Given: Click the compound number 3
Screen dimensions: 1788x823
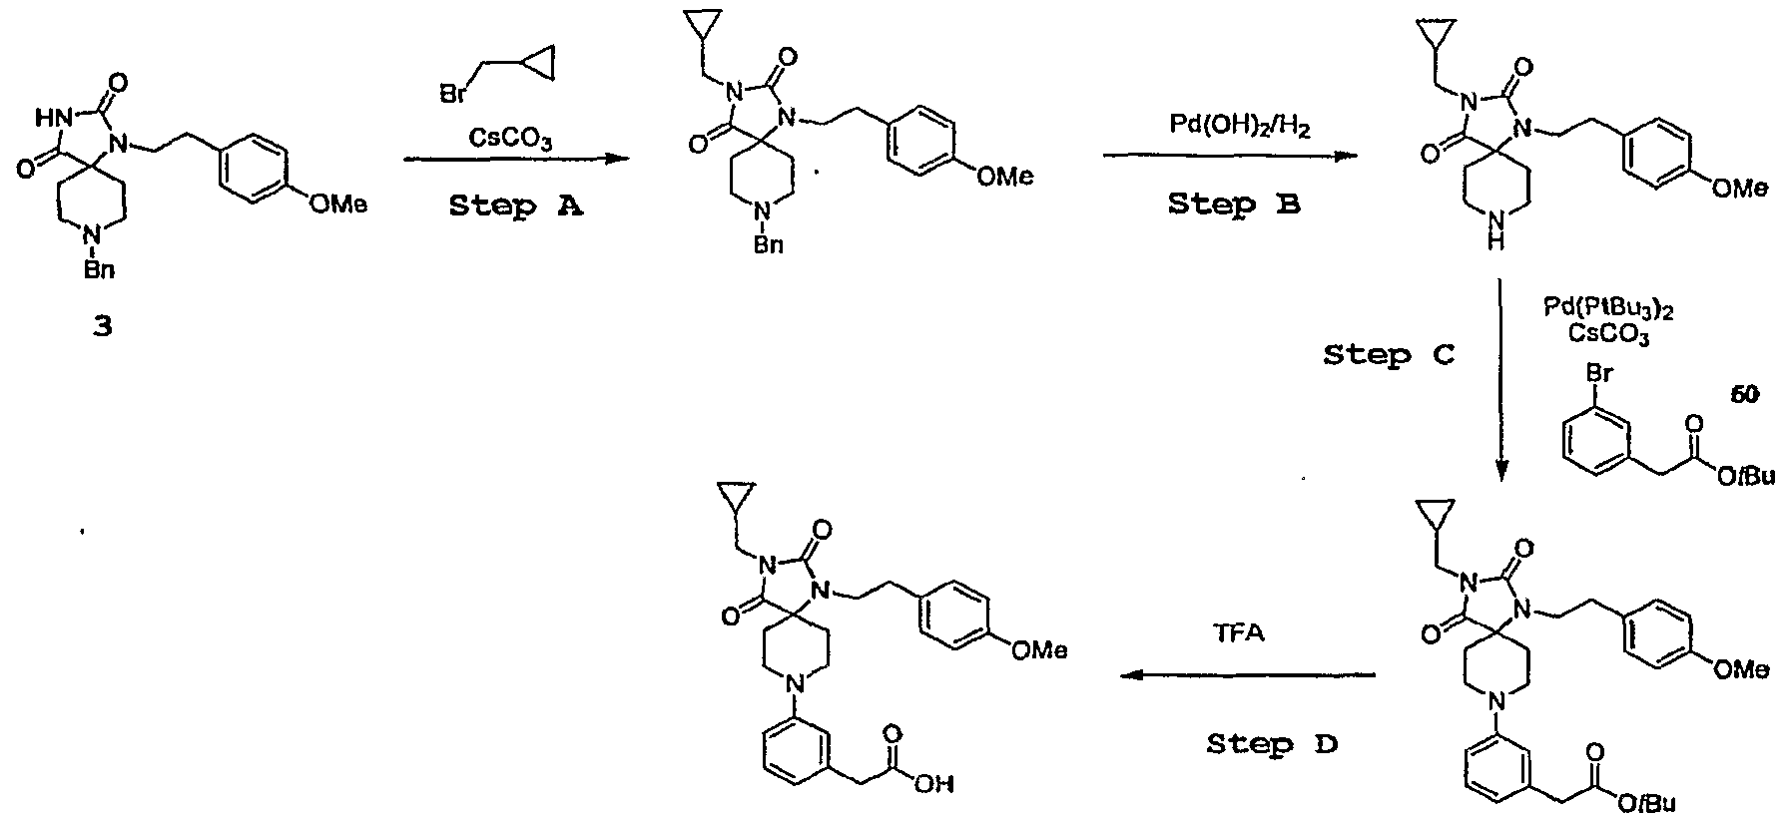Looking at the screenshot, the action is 103,326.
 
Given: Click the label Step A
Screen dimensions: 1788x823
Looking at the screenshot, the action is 516,206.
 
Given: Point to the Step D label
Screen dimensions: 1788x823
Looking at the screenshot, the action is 1272,743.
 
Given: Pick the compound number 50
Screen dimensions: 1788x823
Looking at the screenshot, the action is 1746,396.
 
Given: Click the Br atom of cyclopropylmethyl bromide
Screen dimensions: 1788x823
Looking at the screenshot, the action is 453,95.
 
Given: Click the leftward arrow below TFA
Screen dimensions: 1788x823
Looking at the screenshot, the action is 1248,675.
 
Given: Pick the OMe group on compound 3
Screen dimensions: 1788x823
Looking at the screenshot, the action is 337,204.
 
